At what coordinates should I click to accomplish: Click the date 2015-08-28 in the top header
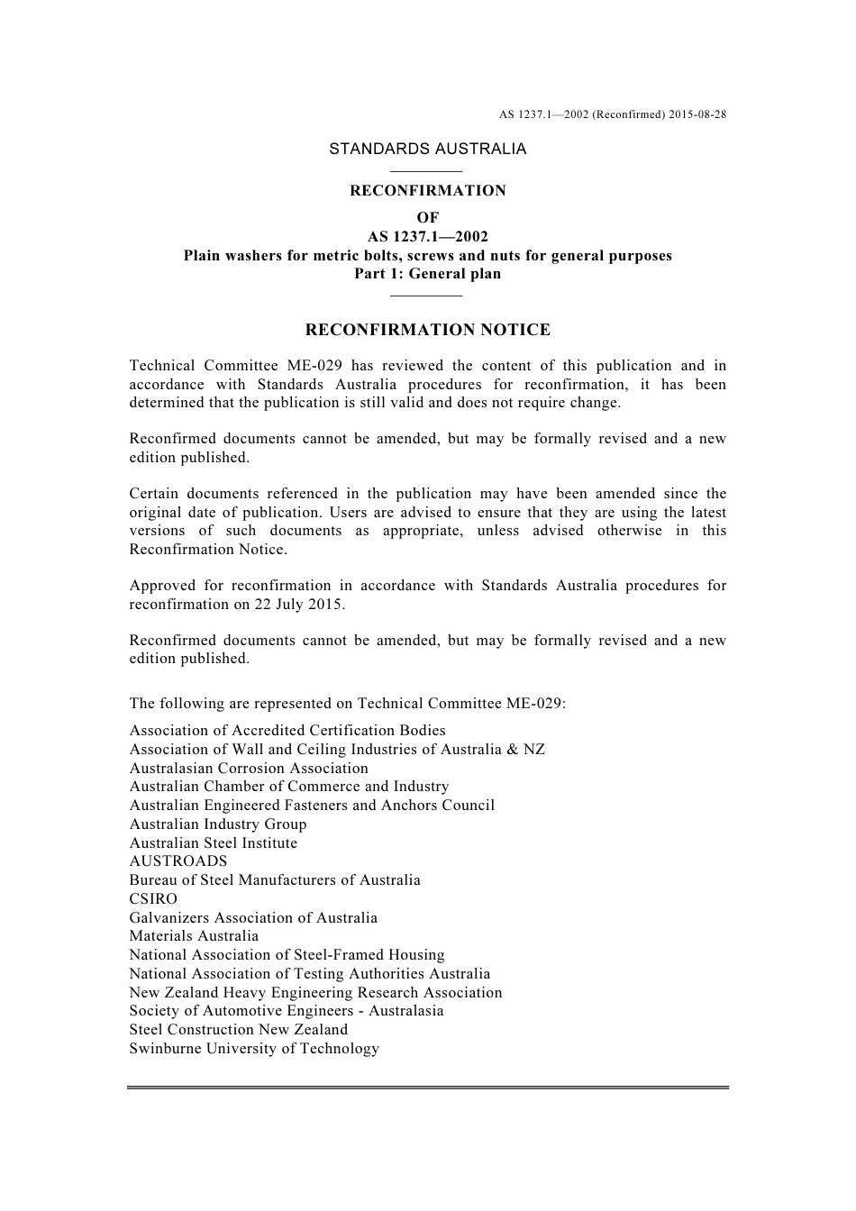pos(697,114)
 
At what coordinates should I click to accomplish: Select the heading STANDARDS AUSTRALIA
pos(427,149)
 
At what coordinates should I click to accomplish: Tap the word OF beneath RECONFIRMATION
pos(427,217)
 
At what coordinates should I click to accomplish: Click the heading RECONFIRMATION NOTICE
pos(427,330)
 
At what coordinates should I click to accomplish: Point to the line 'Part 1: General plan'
pos(427,274)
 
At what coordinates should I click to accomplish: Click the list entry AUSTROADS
pos(178,860)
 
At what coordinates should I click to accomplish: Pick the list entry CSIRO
pos(153,898)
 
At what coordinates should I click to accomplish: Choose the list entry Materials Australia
pos(194,935)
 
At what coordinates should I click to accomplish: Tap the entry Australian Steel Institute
pos(213,842)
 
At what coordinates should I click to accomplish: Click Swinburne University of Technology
pos(254,1048)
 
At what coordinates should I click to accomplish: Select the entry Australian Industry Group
pos(217,824)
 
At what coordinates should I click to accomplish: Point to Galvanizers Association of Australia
pos(253,917)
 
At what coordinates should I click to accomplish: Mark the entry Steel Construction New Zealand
pos(238,1029)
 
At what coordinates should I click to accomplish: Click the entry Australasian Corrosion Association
pos(249,768)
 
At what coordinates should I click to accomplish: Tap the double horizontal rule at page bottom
pos(427,1088)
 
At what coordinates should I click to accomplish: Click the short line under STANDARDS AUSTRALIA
pos(427,170)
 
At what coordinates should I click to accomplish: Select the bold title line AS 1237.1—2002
pos(427,237)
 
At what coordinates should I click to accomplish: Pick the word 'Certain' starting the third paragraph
pos(153,494)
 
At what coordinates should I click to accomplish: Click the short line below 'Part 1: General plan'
pos(427,295)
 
